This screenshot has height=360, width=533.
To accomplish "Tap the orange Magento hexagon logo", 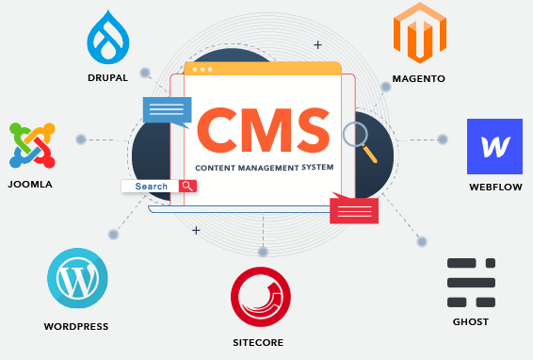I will [418, 33].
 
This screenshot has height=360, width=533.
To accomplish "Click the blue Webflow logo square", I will [494, 146].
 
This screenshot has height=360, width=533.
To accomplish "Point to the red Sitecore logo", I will [260, 296].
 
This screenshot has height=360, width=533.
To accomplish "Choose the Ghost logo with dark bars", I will [471, 282].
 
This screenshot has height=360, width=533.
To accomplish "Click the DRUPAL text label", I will [107, 77].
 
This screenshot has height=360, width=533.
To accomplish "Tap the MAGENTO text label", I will [419, 79].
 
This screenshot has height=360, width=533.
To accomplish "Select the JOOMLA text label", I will [30, 185].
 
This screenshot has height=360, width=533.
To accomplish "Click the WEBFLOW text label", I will [495, 188].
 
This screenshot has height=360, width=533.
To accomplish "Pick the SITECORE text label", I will [260, 341].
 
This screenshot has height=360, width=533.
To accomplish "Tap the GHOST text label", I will [471, 321].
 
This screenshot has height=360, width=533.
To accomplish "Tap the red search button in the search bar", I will [187, 187].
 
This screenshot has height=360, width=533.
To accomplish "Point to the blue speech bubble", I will [166, 111].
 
